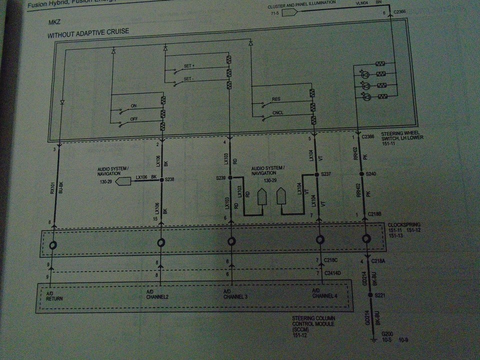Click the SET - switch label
[188, 79]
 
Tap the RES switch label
[276, 99]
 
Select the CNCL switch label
[277, 113]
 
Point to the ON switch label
[133, 106]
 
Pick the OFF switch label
[134, 119]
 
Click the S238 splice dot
[161, 178]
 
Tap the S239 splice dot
[230, 177]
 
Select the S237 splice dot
[317, 174]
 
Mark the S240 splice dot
[361, 174]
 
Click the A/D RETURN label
[54, 295]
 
